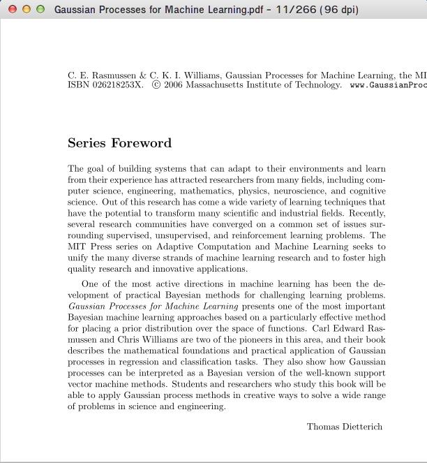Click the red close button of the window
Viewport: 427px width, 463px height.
point(12,9)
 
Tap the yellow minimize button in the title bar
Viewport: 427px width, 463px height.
point(27,9)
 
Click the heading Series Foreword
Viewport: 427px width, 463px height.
point(119,143)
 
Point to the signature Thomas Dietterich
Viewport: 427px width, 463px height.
point(345,427)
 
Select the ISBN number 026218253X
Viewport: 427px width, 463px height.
point(115,85)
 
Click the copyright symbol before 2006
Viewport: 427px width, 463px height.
point(156,85)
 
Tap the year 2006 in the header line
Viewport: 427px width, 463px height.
point(173,85)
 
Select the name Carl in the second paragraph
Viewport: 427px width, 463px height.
point(322,328)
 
